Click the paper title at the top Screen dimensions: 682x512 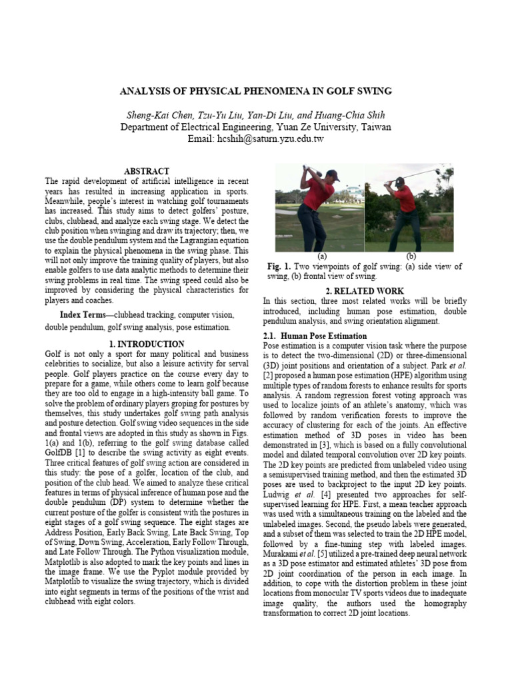click(256, 91)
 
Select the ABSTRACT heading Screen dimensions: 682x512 click(147, 171)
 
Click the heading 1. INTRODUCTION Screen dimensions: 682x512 click(147, 344)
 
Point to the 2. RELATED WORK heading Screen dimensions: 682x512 click(364, 291)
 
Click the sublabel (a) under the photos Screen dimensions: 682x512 click(322, 256)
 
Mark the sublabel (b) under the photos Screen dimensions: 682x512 click(411, 256)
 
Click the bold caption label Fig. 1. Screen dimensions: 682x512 click(277, 266)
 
